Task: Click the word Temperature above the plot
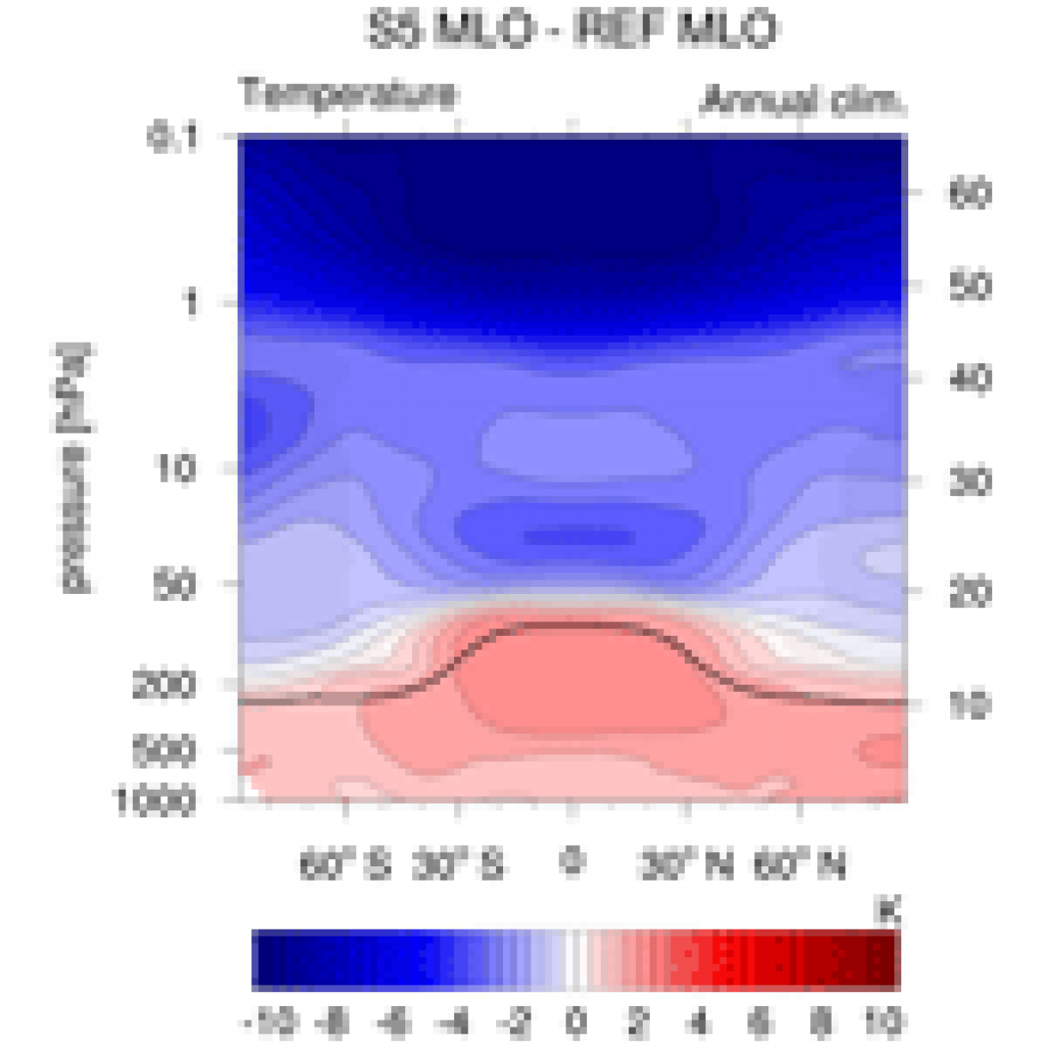[349, 94]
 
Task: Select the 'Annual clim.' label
[802, 102]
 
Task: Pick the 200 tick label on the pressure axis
[166, 686]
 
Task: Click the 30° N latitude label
[686, 864]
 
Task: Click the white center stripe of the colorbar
[577, 960]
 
